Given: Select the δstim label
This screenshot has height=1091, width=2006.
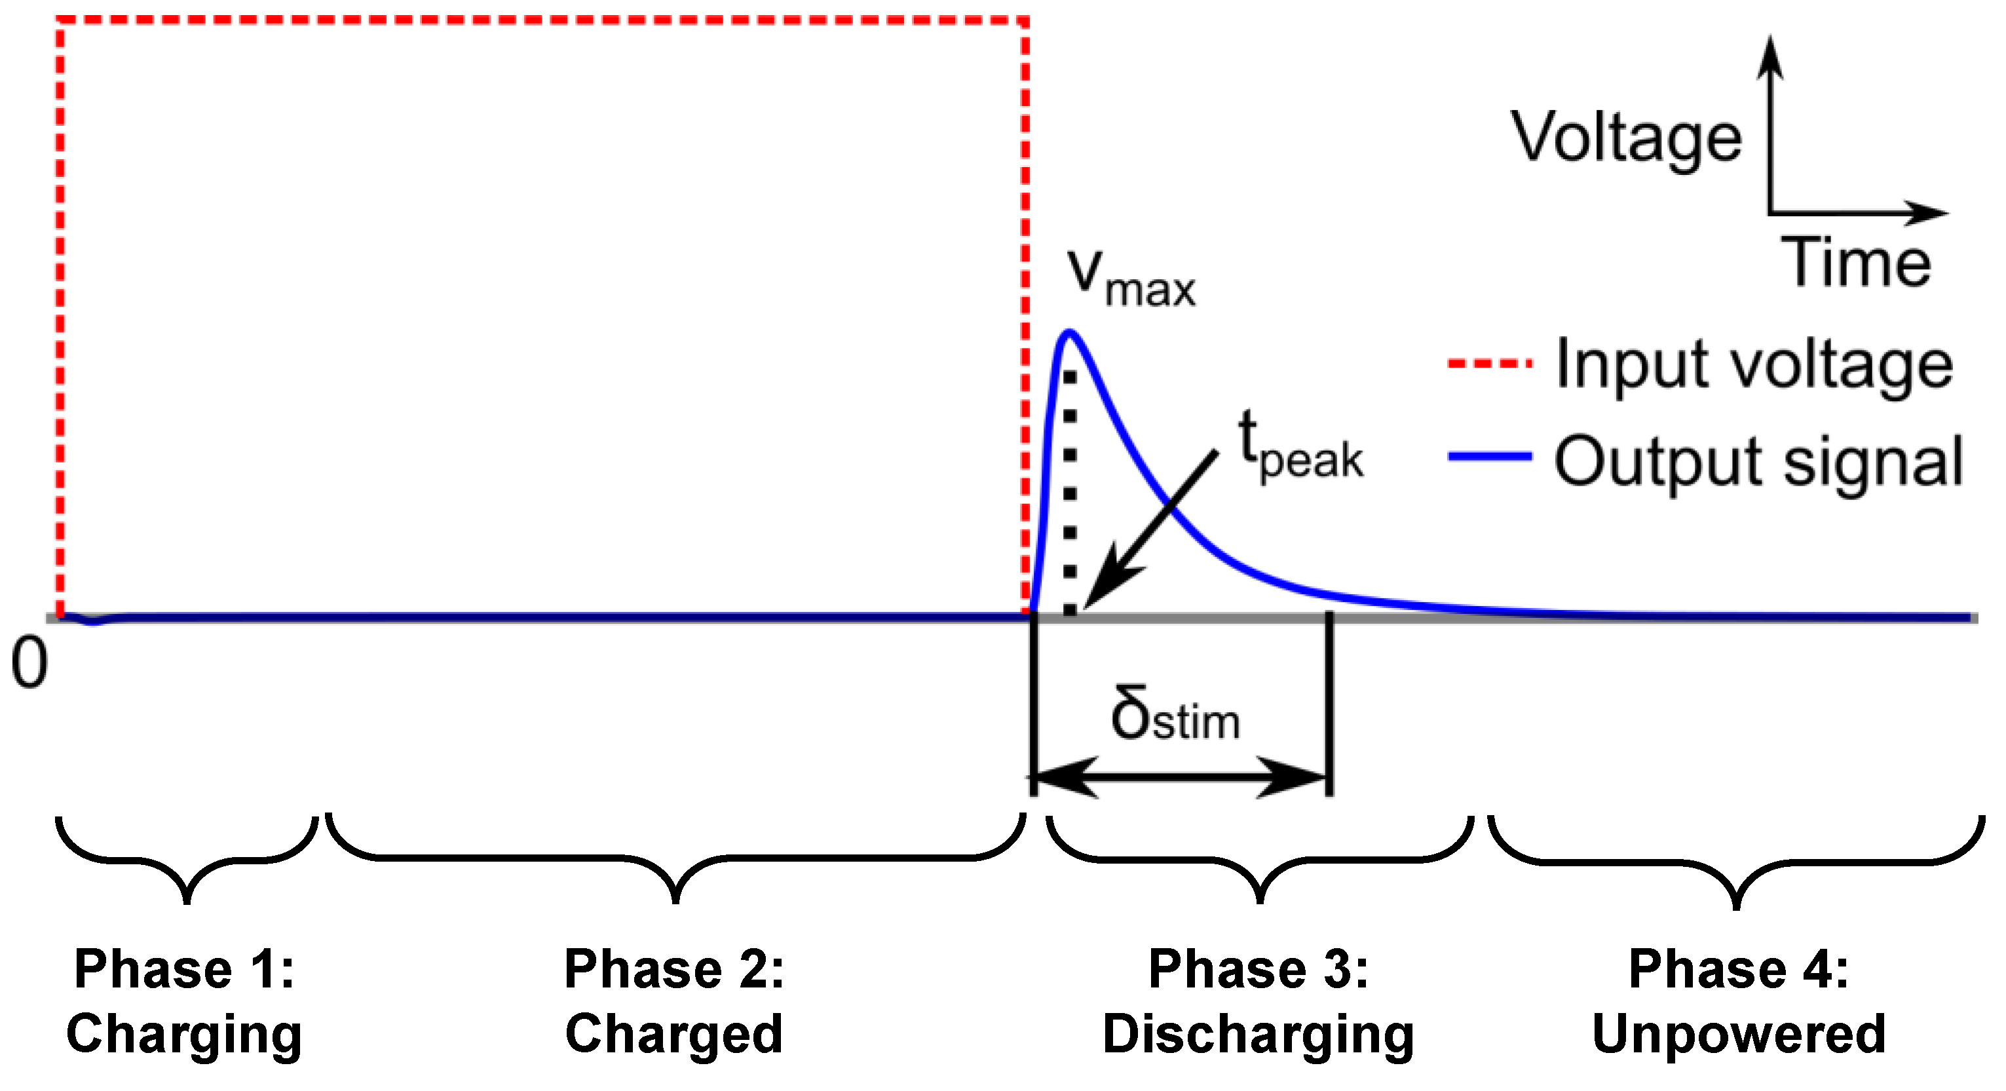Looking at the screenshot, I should coord(1175,714).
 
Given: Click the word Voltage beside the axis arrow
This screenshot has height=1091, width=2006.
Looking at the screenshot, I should coord(1626,139).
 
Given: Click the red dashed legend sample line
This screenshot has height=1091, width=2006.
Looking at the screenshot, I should coord(1489,363).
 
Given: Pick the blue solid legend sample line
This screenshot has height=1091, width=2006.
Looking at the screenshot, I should coord(1489,457).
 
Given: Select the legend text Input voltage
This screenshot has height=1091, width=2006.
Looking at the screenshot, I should coord(1754,364).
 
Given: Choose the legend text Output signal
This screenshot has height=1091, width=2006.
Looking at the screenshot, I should coord(1758,461).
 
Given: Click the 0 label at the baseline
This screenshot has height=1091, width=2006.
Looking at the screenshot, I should coord(29,662).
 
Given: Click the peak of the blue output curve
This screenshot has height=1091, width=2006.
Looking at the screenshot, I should coord(1070,334).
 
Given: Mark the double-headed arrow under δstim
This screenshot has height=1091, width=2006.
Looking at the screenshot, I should coord(1181,777).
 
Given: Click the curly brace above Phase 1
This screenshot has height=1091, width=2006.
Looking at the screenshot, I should coord(187,860).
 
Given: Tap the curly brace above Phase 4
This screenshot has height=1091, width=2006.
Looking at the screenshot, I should coord(1737,863).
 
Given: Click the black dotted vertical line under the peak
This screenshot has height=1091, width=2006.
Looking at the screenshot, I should coord(1070,492).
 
